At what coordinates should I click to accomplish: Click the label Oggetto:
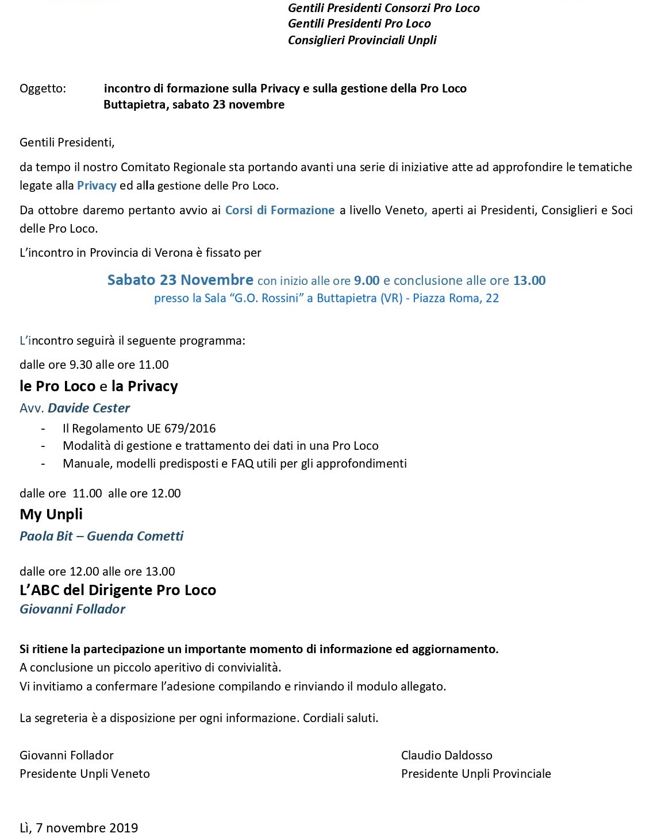[x=43, y=88]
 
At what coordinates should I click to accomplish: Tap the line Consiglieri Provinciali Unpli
[x=362, y=40]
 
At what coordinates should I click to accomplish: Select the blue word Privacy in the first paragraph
[x=97, y=186]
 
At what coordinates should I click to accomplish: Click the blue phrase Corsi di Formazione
[x=279, y=210]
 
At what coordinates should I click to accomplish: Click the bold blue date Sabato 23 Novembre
[x=180, y=280]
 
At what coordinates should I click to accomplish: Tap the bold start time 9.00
[x=367, y=281]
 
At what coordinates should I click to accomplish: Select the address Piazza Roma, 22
[x=455, y=298]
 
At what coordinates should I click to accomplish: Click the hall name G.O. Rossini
[x=270, y=298]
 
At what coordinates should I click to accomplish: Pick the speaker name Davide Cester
[x=89, y=408]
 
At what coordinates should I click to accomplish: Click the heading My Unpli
[x=51, y=514]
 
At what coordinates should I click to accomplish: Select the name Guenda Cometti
[x=135, y=536]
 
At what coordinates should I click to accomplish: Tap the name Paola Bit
[x=46, y=536]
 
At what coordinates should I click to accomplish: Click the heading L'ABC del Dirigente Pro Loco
[x=118, y=590]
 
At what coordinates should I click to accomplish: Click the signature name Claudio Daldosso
[x=447, y=755]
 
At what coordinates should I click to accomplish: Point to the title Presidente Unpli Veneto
[x=84, y=774]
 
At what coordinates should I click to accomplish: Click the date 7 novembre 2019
[x=87, y=828]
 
